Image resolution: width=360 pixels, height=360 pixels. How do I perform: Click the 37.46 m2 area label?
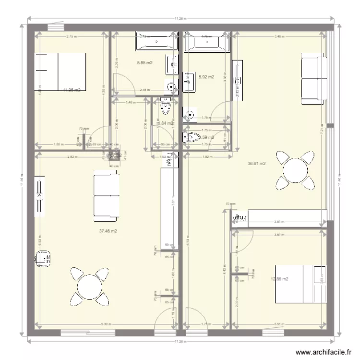click(108, 231)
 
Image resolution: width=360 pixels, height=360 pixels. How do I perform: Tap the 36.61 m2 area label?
click(257, 164)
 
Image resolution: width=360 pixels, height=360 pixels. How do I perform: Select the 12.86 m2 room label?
click(279, 279)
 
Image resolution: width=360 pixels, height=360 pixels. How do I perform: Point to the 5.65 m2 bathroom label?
click(144, 63)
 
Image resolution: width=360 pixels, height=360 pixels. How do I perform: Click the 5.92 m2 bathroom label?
click(206, 77)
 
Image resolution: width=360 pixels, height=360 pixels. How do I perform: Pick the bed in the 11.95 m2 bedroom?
click(61, 71)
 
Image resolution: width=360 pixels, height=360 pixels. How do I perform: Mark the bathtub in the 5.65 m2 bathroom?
click(156, 42)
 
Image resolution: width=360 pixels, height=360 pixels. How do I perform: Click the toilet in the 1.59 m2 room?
click(192, 138)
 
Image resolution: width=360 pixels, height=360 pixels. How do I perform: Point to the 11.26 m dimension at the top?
click(180, 19)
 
